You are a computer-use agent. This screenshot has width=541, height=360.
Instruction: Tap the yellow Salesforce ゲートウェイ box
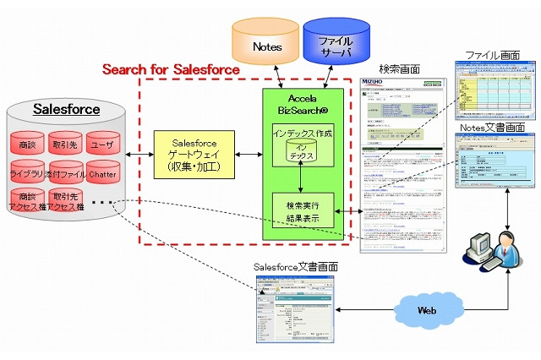[194, 155]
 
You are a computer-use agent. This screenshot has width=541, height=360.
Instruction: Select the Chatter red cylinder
[105, 174]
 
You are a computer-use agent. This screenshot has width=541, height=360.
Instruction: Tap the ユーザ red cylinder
[105, 145]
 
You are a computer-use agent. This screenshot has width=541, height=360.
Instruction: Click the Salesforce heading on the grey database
[66, 110]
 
